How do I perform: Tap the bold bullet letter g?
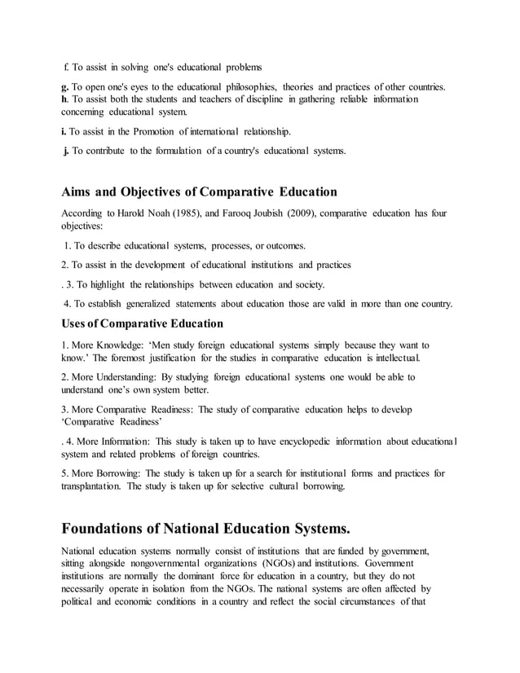pos(65,86)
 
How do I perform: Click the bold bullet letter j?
pos(65,151)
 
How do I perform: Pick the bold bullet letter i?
pos(64,130)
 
